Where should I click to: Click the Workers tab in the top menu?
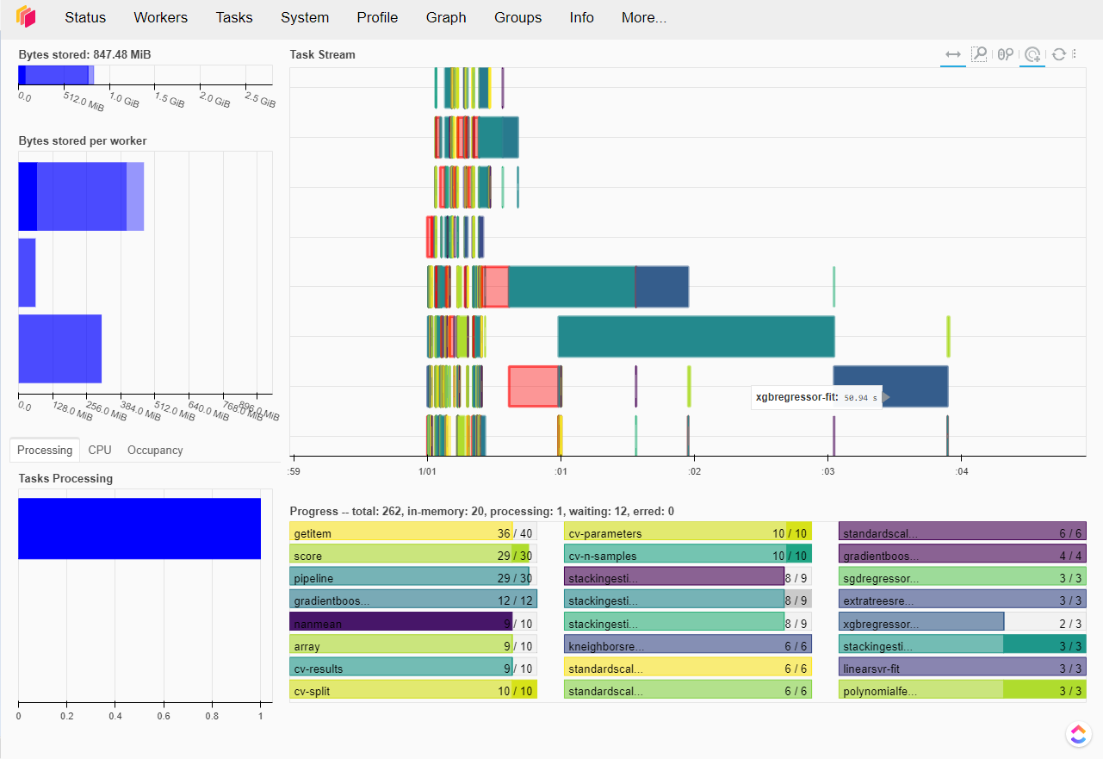[161, 17]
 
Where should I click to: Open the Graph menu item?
[446, 17]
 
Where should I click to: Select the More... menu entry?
[644, 17]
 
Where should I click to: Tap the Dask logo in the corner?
[26, 17]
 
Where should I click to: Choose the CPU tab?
[100, 450]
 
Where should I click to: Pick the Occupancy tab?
[155, 450]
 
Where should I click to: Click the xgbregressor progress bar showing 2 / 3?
[921, 622]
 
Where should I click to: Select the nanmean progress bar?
[401, 622]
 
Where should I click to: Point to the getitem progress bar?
[401, 532]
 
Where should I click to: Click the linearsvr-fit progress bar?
[962, 668]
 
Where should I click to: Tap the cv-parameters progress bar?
[687, 532]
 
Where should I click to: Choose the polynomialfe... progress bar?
[962, 690]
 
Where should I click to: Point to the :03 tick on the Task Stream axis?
[827, 471]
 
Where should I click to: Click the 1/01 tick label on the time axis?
[426, 471]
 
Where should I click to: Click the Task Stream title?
[323, 54]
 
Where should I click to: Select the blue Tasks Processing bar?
[139, 528]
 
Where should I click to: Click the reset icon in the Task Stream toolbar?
[1059, 54]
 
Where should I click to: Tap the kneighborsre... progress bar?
[687, 645]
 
